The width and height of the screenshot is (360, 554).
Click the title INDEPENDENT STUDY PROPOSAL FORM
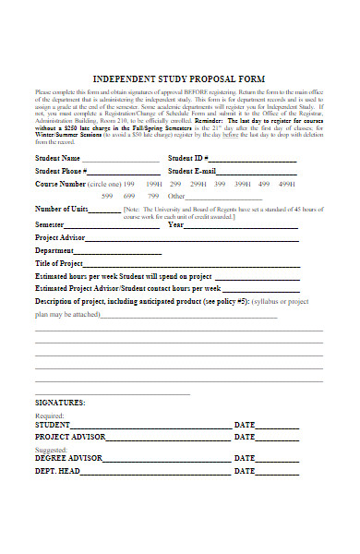(180, 80)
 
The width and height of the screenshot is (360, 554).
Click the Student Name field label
(65, 158)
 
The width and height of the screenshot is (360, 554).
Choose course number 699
(129, 196)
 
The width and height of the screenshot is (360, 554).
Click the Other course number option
(176, 196)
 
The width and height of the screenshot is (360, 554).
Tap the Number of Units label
(60, 209)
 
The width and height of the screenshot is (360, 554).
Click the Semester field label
(50, 224)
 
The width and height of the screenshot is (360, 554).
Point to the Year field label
(175, 224)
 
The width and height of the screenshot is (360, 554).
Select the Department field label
(56, 250)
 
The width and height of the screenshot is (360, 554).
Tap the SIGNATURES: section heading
(60, 403)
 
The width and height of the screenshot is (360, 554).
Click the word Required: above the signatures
(50, 415)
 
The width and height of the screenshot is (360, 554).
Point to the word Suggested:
(52, 448)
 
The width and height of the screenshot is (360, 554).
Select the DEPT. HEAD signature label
(57, 471)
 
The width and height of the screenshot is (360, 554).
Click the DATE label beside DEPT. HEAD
(245, 471)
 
